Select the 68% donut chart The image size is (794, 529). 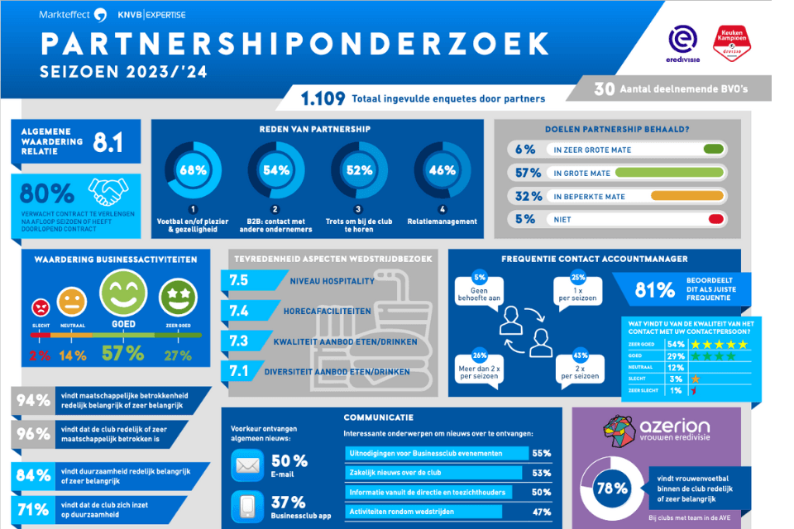click(193, 171)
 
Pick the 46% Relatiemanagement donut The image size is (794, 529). click(442, 171)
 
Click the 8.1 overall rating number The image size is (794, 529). click(108, 143)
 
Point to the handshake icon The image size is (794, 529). click(108, 193)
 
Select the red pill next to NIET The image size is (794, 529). click(716, 220)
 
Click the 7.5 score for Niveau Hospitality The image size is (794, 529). click(239, 280)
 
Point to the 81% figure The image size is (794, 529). click(653, 289)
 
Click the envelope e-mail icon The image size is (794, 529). click(247, 466)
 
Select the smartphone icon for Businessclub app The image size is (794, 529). click(247, 508)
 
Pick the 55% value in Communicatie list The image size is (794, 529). click(542, 453)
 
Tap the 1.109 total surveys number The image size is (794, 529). click(323, 98)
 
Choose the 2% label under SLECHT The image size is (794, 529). click(40, 355)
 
